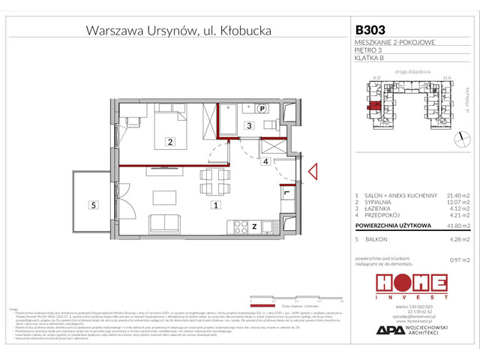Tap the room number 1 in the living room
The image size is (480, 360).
(x=216, y=204)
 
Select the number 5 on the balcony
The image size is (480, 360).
(x=93, y=204)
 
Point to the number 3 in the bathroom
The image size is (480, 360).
(x=248, y=127)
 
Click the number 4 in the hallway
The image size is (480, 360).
(x=265, y=160)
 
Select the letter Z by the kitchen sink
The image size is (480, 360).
(x=254, y=225)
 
